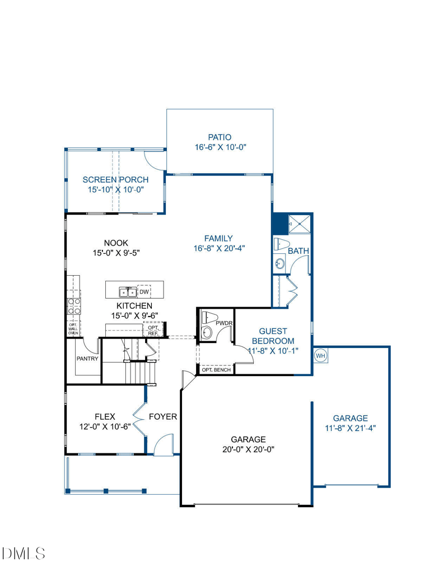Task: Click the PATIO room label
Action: coord(220,137)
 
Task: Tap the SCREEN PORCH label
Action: coord(115,180)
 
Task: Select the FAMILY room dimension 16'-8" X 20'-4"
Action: coord(219,248)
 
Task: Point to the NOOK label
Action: coord(116,243)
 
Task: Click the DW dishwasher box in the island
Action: coord(144,291)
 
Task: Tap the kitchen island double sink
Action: coord(128,292)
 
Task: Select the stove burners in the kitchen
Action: coord(73,307)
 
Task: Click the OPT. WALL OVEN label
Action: coord(73,329)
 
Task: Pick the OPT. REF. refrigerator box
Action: coord(153,330)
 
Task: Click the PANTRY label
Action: coord(87,359)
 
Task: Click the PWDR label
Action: coord(224,323)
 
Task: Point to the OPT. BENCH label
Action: coord(216,369)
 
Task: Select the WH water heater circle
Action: coord(320,356)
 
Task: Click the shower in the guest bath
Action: coord(300,224)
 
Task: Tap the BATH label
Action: coord(298,251)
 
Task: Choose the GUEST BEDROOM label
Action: coord(273,336)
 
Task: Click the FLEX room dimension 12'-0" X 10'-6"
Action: coord(105,426)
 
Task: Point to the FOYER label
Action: coord(163,416)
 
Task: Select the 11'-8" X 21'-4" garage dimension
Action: coord(351,428)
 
